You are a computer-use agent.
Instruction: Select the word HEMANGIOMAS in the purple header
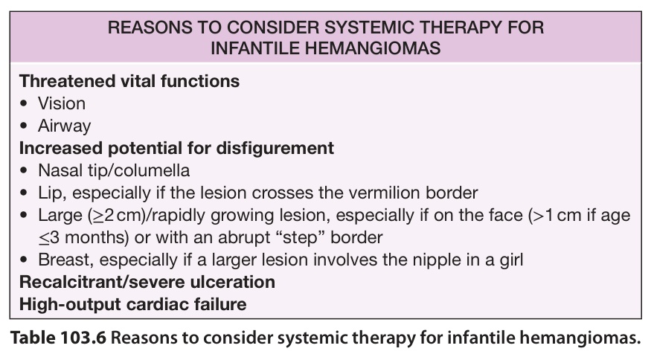pyautogui.click(x=373, y=48)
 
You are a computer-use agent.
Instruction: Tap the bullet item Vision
pyautogui.click(x=62, y=103)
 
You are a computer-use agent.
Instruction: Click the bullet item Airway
pyautogui.click(x=64, y=126)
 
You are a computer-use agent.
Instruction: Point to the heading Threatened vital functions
pyautogui.click(x=129, y=81)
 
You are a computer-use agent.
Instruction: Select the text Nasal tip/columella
pyautogui.click(x=114, y=170)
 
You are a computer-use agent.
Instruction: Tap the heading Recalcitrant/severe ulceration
pyautogui.click(x=147, y=282)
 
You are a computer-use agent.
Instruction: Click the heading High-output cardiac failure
pyautogui.click(x=132, y=304)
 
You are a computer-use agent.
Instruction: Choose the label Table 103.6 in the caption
pyautogui.click(x=58, y=338)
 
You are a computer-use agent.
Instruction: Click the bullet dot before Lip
pyautogui.click(x=24, y=193)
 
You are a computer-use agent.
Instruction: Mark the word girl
pyautogui.click(x=511, y=260)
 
